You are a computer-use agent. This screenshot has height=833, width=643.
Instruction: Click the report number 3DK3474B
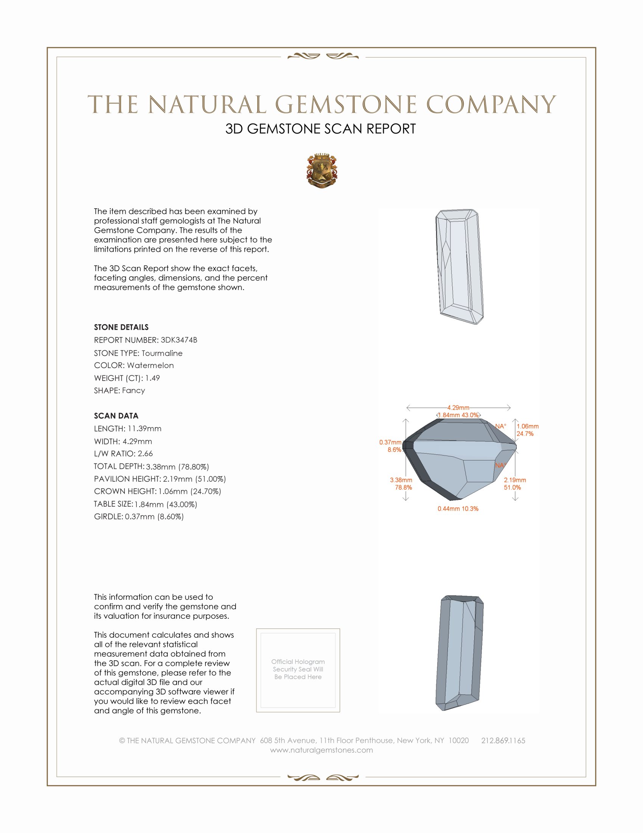[x=179, y=340]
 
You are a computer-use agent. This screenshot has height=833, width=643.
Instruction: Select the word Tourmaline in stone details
[x=162, y=353]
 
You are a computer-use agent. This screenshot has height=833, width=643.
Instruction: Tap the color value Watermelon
[x=151, y=365]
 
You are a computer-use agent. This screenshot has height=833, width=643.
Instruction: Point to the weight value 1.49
[x=152, y=378]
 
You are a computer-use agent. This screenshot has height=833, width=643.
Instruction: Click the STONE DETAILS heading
[x=121, y=327]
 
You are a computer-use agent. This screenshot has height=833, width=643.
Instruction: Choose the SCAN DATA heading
[x=116, y=416]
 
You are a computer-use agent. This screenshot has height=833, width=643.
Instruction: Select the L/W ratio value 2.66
[x=145, y=454]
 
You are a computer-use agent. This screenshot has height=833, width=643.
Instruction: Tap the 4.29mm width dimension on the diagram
[x=458, y=407]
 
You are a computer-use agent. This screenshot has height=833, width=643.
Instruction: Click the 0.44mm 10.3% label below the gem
[x=458, y=509]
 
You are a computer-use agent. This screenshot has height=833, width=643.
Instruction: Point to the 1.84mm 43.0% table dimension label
[x=458, y=415]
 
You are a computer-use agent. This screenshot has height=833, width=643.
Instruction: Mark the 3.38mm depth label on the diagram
[x=401, y=480]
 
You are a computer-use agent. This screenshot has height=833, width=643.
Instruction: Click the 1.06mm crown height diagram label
[x=528, y=426]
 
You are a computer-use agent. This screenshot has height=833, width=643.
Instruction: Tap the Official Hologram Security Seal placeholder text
[x=298, y=669]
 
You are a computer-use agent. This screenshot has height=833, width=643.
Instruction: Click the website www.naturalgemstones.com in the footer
[x=321, y=750]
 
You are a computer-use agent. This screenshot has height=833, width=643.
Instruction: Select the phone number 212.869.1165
[x=503, y=741]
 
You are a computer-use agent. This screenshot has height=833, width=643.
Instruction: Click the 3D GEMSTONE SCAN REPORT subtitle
[x=320, y=129]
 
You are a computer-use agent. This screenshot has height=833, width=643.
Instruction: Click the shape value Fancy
[x=133, y=391]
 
